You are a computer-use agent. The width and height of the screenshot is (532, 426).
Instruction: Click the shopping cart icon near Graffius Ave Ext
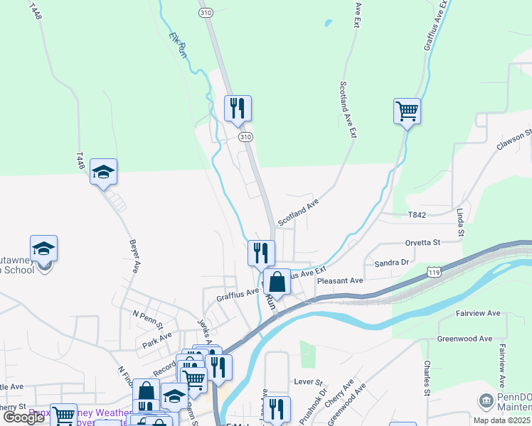point(407,111)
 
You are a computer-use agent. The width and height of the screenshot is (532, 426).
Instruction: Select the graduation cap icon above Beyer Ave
point(104,172)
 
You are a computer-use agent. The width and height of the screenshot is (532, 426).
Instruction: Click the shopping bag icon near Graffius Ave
point(277,281)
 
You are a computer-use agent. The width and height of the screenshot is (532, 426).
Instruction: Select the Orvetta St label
point(422,243)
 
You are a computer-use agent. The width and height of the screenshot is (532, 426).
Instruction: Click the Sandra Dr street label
point(393,263)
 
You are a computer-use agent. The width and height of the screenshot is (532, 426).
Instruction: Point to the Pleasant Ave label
point(340,281)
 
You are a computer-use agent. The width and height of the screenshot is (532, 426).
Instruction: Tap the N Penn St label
point(148,313)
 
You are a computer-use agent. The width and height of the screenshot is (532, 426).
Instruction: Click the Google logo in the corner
point(24,417)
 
